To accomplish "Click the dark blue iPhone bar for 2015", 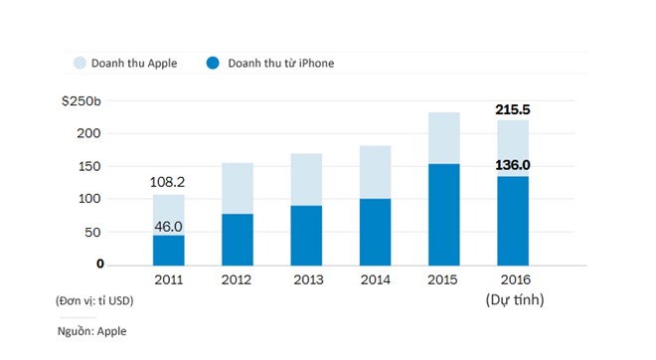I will point(443,214).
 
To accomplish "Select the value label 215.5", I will point(514,110).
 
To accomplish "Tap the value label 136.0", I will point(514,165).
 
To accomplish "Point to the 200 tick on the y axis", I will point(92,133).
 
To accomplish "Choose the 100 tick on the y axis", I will point(92,199).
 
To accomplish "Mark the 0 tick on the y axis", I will point(100,264).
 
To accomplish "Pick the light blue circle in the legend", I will point(82,64).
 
